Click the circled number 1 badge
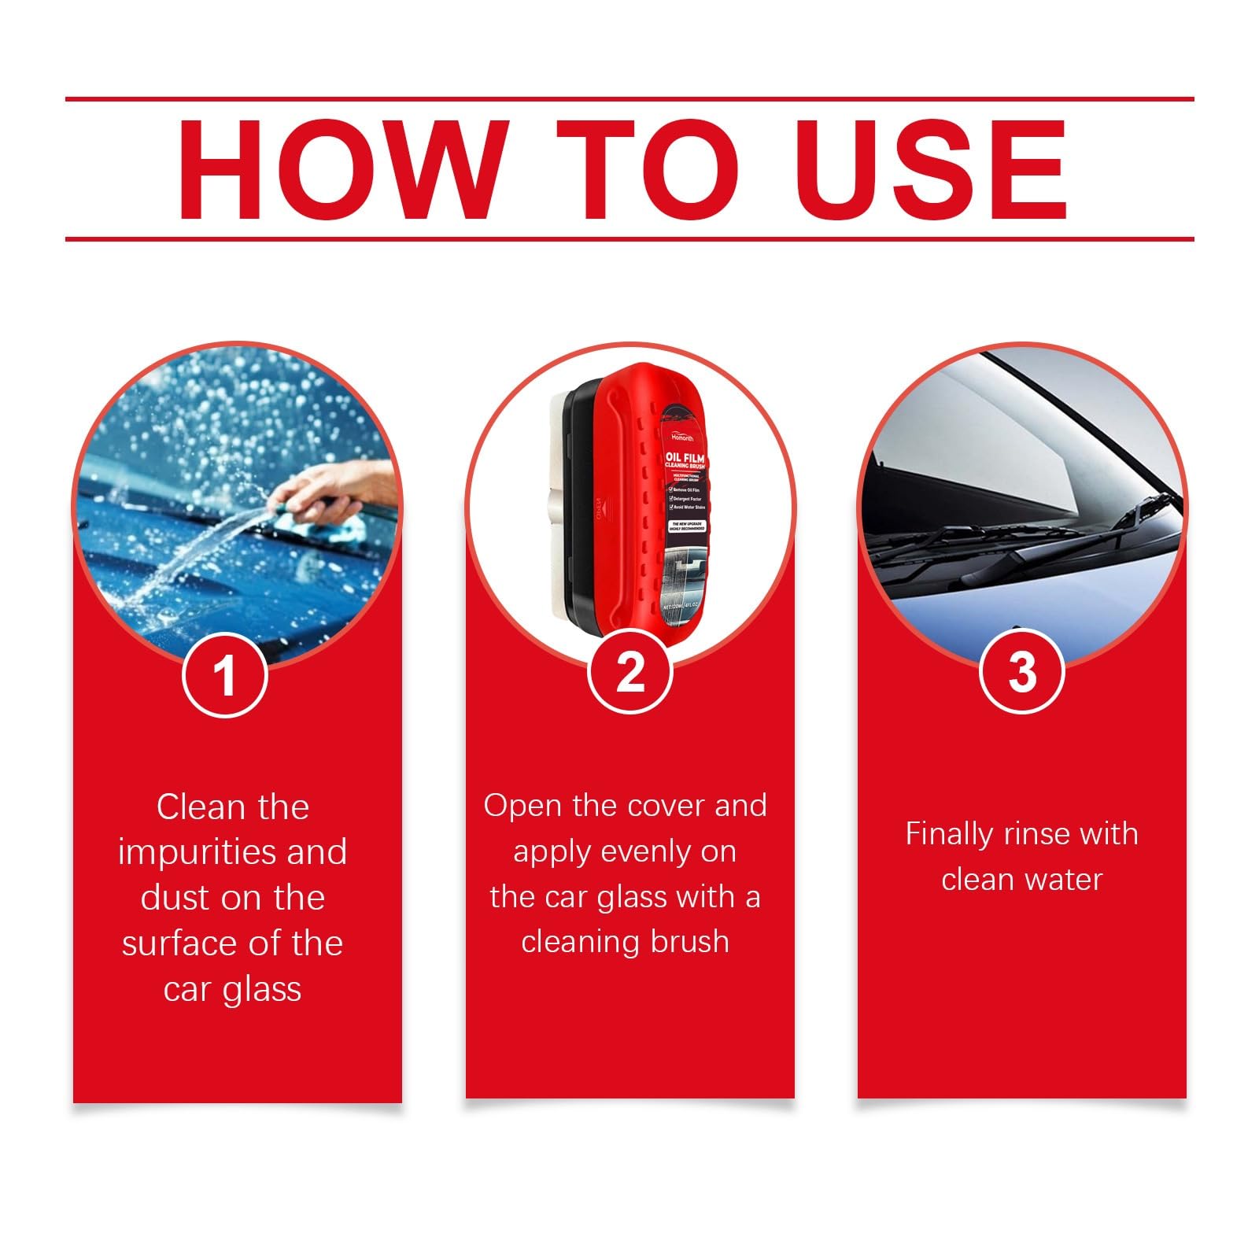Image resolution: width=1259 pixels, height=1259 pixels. point(225,675)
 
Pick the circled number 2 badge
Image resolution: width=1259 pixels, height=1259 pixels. point(629,674)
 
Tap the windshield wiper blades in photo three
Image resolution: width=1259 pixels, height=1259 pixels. point(1023,543)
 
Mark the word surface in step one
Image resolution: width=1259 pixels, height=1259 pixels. point(176,943)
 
